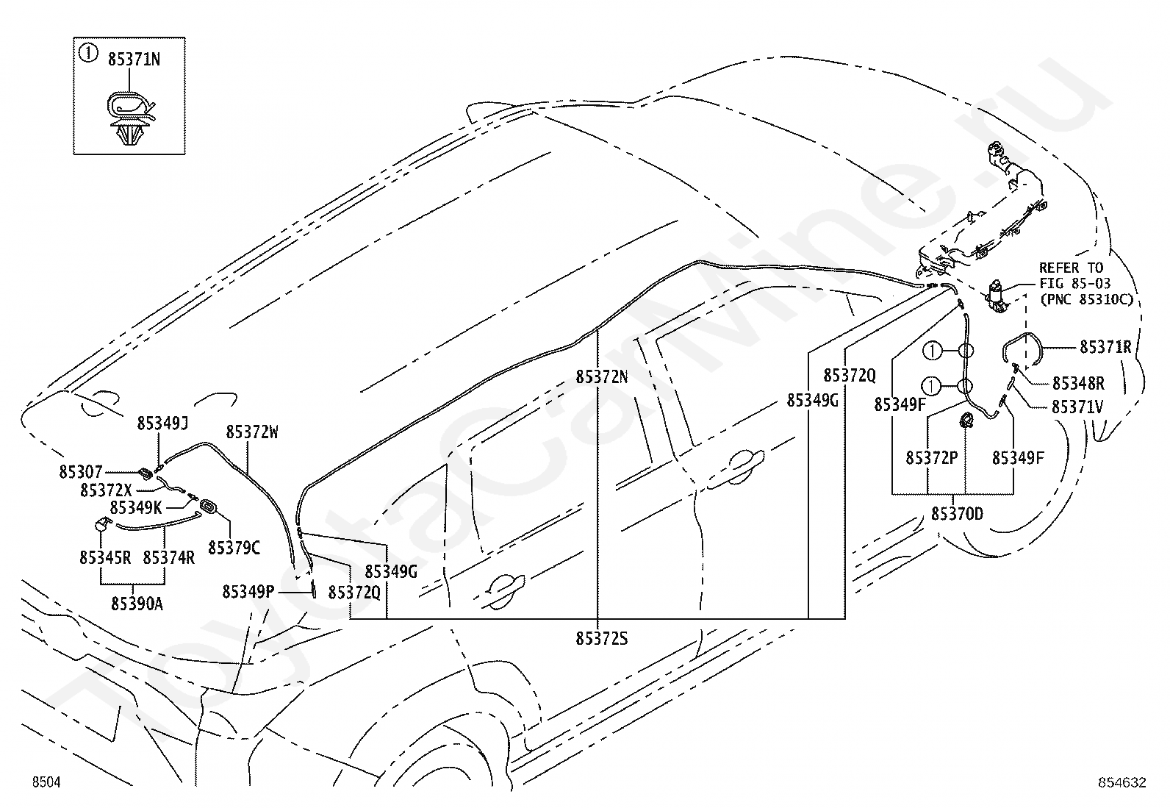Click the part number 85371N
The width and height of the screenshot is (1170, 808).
tap(134, 60)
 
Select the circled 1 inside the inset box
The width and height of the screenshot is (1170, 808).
tap(88, 53)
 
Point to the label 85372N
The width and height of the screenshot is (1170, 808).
tap(602, 376)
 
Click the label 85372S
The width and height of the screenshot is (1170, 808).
tap(602, 638)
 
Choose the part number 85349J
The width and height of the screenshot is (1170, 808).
tap(162, 423)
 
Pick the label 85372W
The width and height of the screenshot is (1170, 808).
tap(252, 432)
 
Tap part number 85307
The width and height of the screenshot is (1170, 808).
tap(81, 472)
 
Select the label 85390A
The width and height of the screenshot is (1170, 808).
tap(137, 604)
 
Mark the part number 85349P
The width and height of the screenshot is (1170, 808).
tap(248, 592)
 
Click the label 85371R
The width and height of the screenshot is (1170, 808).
tap(1106, 346)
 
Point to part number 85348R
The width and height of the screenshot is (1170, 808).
tap(1079, 383)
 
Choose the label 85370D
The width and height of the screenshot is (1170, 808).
tap(957, 514)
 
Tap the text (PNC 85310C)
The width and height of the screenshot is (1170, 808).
tap(1086, 299)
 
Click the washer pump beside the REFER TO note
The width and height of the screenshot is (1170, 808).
tap(997, 296)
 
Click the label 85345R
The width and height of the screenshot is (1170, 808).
tap(105, 557)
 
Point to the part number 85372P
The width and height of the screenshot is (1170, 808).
tap(932, 458)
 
